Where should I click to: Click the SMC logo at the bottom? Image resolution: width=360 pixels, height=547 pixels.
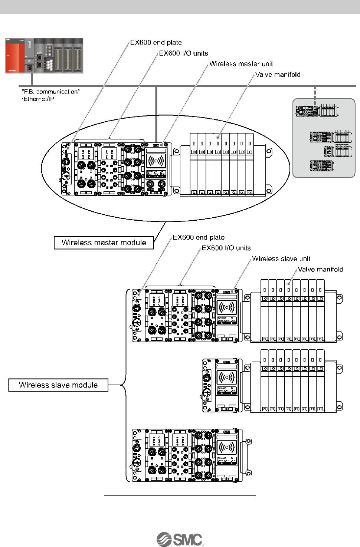tap(180, 539)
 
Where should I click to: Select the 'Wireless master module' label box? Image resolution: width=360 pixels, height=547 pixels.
tap(104, 243)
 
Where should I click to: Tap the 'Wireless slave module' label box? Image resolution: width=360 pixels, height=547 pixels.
tap(58, 385)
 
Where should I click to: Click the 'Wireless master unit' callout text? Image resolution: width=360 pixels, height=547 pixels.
tap(241, 64)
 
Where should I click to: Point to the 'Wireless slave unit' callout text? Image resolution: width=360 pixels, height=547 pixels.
tap(281, 258)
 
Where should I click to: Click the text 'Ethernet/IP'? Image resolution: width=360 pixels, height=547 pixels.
tap(39, 99)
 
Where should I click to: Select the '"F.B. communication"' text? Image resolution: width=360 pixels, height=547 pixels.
tap(51, 92)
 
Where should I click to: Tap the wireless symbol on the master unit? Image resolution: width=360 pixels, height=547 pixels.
tap(156, 161)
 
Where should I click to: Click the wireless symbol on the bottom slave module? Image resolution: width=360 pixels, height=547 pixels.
tap(226, 447)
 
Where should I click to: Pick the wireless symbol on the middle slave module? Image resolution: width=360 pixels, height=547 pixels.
tap(226, 377)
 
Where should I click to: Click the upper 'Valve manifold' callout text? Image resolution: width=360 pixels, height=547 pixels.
tap(278, 75)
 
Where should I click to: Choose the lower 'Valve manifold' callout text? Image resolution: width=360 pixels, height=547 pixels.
tap(320, 269)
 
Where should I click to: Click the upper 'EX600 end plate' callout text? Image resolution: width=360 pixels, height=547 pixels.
tap(156, 43)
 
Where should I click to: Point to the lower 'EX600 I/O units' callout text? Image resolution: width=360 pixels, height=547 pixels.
tap(226, 248)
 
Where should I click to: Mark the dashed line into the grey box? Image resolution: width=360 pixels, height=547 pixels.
tap(315, 96)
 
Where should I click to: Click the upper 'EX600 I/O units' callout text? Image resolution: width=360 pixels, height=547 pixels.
tap(183, 53)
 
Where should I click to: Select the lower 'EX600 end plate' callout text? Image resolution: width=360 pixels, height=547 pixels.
tap(199, 237)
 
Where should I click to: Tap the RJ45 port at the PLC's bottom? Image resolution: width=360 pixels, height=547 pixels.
tap(30, 68)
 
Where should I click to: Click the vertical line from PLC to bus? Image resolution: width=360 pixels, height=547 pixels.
tap(32, 79)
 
